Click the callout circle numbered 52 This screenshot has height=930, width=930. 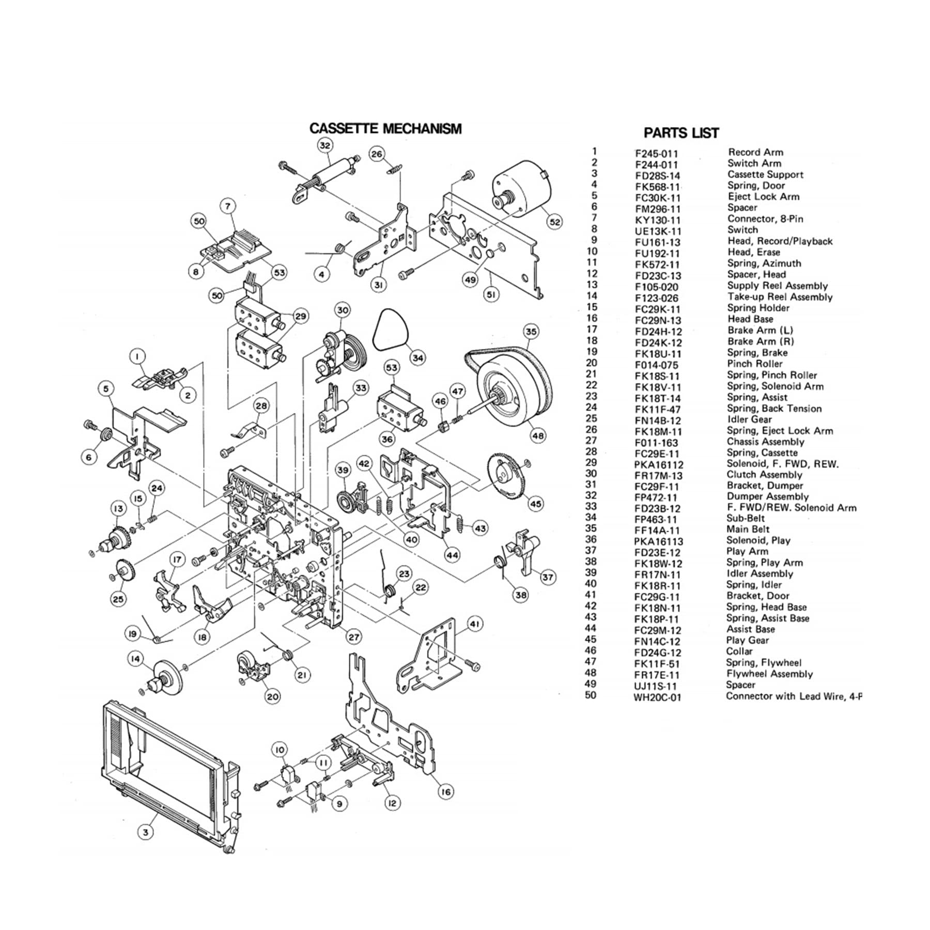point(554,222)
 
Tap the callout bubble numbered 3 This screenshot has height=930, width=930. point(146,832)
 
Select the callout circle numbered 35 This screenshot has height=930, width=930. point(531,331)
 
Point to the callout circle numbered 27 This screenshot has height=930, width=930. point(354,637)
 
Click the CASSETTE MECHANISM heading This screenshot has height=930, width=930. point(385,129)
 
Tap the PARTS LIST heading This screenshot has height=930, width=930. point(681,133)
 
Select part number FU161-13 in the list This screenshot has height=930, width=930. point(658,242)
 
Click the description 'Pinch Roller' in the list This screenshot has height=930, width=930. point(754,364)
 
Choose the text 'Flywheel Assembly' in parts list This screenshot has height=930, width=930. point(769,674)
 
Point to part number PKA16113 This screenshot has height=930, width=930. point(659,541)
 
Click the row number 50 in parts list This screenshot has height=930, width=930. point(591,695)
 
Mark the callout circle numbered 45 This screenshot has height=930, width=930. point(536,503)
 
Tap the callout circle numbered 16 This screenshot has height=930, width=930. point(446,791)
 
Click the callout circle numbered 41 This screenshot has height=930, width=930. point(475,625)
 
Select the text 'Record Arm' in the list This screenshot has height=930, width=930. point(755,152)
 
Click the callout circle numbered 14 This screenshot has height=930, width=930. point(135,659)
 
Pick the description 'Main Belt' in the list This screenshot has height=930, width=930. point(748,530)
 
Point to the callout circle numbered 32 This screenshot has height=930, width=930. point(324,146)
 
